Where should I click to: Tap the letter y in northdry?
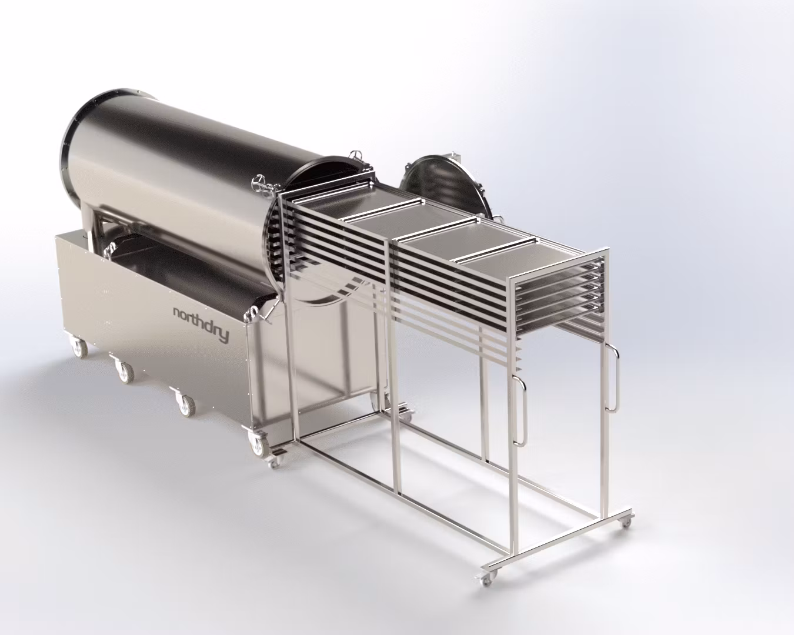pyautogui.click(x=224, y=335)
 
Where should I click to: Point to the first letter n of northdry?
pyautogui.click(x=177, y=313)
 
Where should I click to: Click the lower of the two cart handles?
pyautogui.click(x=521, y=410)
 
